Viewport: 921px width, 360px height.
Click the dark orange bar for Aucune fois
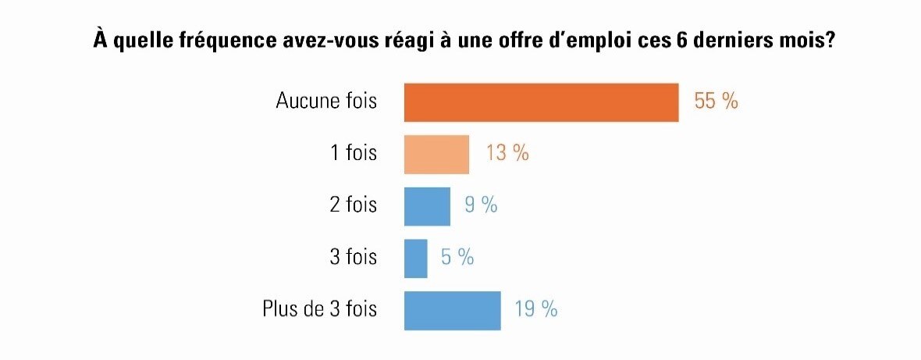click(x=541, y=102)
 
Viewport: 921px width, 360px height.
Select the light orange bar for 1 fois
click(x=436, y=154)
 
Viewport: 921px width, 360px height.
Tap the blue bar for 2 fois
click(x=427, y=206)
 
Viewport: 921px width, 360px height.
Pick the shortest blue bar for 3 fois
click(x=415, y=258)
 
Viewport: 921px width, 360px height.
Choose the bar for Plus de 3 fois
click(x=452, y=310)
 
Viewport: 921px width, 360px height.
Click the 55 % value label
click(x=716, y=102)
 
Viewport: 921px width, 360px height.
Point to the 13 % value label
click(x=507, y=153)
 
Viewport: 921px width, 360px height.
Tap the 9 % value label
click(x=481, y=205)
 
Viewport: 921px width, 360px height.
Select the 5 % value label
click(x=457, y=258)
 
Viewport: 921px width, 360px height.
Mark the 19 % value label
click(x=535, y=309)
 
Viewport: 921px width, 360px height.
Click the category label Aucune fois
click(x=326, y=102)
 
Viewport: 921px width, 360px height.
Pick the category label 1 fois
click(x=354, y=153)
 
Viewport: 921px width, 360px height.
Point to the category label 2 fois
click(x=353, y=205)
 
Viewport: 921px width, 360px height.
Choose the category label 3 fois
click(x=353, y=258)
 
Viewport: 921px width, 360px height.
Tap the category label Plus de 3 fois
click(x=319, y=309)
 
